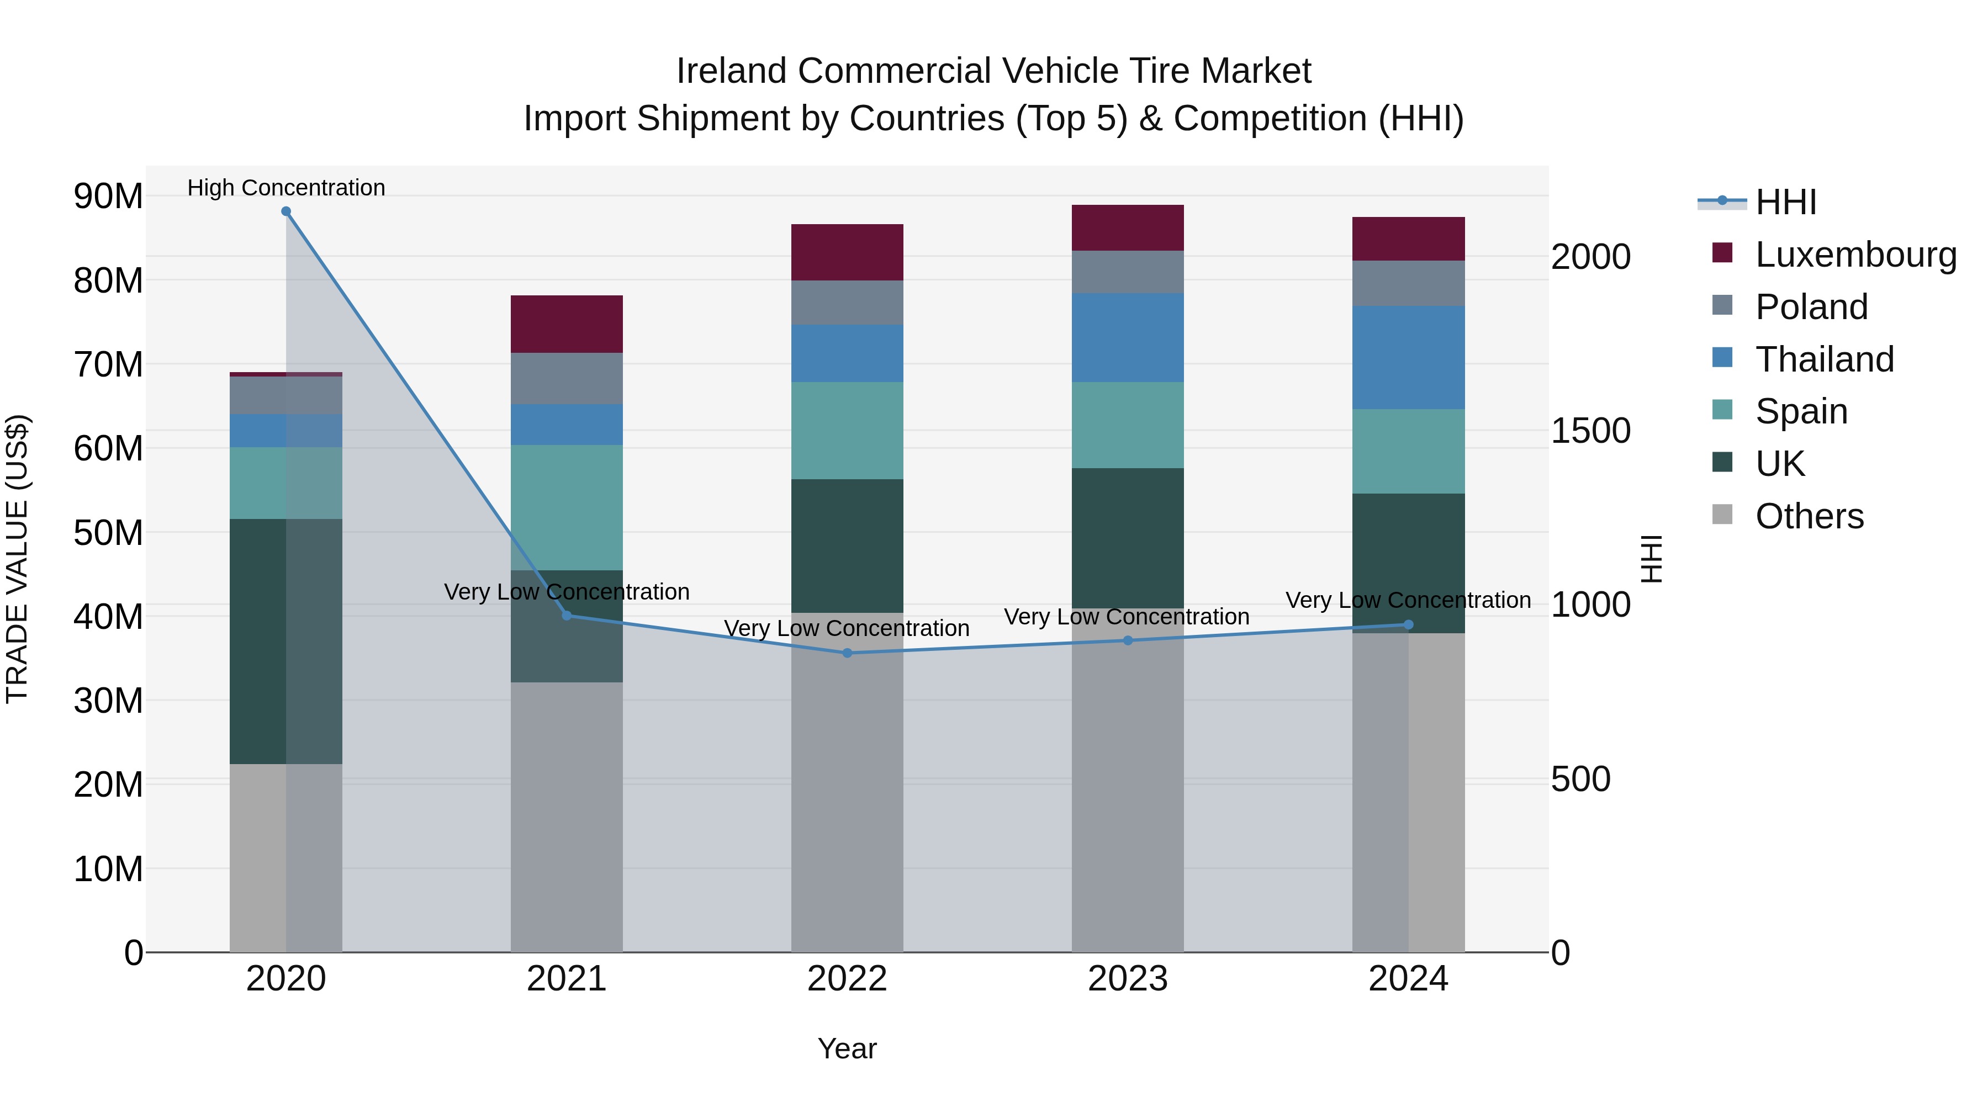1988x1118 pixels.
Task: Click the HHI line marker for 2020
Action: click(x=286, y=211)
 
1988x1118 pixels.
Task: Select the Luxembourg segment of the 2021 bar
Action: click(x=567, y=324)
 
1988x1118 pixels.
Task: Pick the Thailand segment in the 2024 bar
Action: click(x=1408, y=357)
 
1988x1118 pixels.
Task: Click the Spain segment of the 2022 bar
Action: click(x=847, y=431)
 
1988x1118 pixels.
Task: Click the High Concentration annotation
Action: click(x=286, y=188)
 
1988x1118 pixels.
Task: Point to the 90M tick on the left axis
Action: click(x=108, y=196)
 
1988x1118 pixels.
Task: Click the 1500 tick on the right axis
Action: click(x=1590, y=431)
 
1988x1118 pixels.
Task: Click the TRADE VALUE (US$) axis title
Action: click(x=17, y=559)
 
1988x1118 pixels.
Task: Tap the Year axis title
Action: click(x=847, y=1048)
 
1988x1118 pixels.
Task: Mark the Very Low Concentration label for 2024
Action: click(x=1408, y=600)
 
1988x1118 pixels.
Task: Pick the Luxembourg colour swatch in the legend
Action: click(x=1722, y=253)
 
